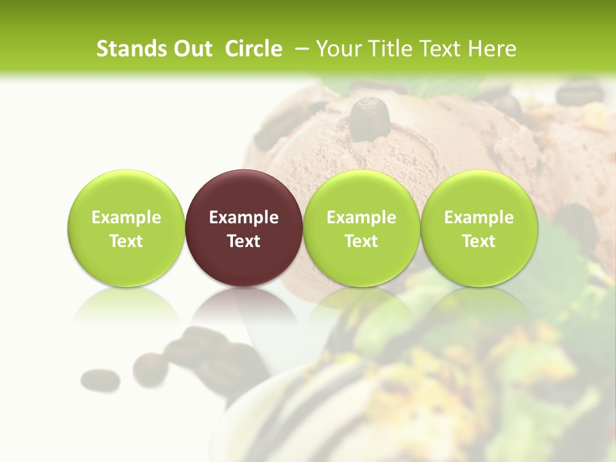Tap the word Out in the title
click(191, 49)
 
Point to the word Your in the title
click(337, 49)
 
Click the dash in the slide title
click(302, 49)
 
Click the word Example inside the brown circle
click(244, 218)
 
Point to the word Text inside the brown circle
click(244, 241)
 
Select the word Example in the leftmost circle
click(126, 218)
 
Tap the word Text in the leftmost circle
click(126, 241)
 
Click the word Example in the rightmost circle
click(479, 218)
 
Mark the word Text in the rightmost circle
click(479, 241)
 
